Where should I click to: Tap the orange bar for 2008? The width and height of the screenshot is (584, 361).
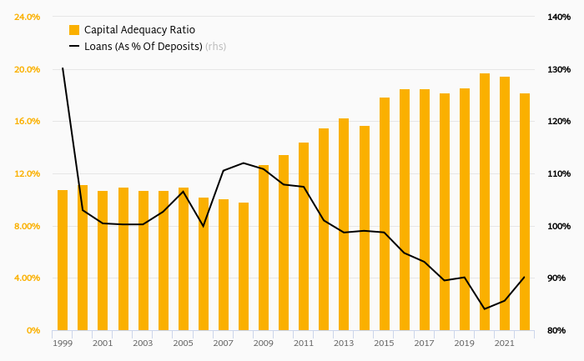point(244,266)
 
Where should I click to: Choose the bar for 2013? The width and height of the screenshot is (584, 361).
point(344,224)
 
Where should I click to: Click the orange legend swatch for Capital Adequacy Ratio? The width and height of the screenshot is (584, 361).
point(74,30)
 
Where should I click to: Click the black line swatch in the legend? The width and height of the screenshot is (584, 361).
point(74,47)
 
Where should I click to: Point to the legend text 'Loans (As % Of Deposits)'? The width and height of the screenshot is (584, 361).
point(143,47)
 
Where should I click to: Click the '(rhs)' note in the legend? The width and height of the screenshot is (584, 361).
point(215,47)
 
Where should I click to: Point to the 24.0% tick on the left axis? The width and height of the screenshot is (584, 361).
point(28,17)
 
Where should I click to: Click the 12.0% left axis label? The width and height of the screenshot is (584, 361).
point(28,173)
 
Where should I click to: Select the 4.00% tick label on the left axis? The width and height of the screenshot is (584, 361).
point(28,278)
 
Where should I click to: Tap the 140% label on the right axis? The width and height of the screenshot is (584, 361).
point(559,17)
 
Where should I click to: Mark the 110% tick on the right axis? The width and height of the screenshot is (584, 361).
point(559,173)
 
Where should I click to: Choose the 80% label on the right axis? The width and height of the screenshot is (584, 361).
point(559,331)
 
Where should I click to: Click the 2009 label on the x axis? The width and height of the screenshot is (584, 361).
point(264,343)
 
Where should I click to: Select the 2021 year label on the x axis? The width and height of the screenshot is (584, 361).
point(505,343)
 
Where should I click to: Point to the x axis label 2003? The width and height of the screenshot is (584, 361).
point(143,343)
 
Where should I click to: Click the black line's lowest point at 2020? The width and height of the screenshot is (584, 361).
point(485,309)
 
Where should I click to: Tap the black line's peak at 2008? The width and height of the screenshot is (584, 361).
point(244,163)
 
